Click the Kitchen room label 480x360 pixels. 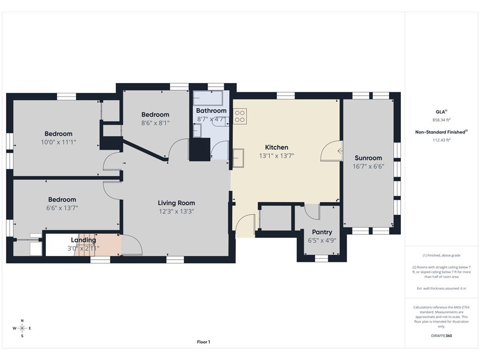277,147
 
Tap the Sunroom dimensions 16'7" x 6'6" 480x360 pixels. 368,166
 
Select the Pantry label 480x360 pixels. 322,232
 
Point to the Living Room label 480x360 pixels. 176,202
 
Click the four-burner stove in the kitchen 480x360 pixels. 240,116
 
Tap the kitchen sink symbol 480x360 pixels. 238,158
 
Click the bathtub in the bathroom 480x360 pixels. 208,98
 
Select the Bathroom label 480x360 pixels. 211,111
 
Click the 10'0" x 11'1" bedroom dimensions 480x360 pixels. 59,142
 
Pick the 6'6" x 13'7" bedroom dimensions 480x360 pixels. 62,208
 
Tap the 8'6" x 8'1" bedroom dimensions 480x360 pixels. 155,123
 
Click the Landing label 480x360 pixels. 83,240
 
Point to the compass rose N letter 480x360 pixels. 22,321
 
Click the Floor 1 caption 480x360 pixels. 203,342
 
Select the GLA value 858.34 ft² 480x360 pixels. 442,120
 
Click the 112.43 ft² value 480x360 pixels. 442,140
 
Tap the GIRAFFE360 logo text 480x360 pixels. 442,336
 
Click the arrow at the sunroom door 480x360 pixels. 340,150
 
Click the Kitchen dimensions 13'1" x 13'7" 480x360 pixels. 277,156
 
